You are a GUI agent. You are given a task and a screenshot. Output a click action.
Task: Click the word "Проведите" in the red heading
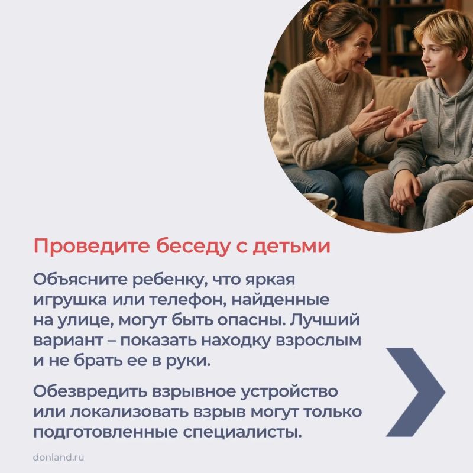(x=92, y=247)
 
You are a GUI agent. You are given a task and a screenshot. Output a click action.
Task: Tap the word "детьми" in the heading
(x=291, y=246)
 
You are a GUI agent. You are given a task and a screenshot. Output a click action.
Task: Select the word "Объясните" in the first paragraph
(x=80, y=280)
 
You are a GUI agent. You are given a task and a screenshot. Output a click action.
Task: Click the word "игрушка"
(x=70, y=300)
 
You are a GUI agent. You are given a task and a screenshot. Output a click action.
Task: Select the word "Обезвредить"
(x=90, y=391)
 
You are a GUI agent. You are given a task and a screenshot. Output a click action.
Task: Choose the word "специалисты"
(x=242, y=433)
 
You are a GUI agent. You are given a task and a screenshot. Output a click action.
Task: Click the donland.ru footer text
(x=59, y=457)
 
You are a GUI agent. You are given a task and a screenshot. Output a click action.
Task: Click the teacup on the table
(x=320, y=203)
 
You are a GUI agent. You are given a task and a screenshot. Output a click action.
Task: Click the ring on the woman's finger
(x=382, y=123)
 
